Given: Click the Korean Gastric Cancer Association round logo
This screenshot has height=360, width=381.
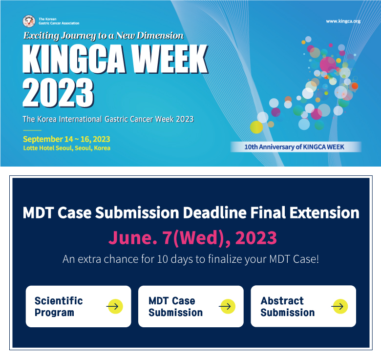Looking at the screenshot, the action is tap(29, 21).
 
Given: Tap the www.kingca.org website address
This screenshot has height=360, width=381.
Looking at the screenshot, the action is tap(343, 21).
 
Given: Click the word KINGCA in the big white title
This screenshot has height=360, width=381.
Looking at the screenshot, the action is tap(74, 59).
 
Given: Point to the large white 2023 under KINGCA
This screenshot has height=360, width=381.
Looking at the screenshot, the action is tap(58, 93).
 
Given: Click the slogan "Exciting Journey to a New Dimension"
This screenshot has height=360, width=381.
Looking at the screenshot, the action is tap(104, 36).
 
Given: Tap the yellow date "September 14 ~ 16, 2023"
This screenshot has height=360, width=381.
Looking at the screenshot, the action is tap(66, 139).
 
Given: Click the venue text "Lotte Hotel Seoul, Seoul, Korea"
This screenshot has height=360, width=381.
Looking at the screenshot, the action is tap(67, 148).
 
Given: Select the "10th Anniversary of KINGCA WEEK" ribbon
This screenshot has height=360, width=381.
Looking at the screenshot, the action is tap(296, 147).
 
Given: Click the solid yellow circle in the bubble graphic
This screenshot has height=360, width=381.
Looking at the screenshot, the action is tap(256, 127).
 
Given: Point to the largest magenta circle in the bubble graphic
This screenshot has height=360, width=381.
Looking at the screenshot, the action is tap(328, 64).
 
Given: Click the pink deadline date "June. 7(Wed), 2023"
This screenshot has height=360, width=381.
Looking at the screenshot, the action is tap(192, 237).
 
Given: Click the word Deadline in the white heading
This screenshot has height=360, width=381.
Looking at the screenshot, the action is tap(215, 212).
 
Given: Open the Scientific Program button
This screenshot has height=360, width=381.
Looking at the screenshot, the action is tap(79, 307).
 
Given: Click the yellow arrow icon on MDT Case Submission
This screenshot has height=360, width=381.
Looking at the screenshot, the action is tap(227, 307).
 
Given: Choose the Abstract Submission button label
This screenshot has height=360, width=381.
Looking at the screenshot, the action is tap(288, 307).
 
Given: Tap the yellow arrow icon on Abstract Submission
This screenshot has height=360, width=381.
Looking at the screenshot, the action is tap(339, 306).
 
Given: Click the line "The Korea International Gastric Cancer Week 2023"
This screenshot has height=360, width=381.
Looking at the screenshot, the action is tap(108, 119).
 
